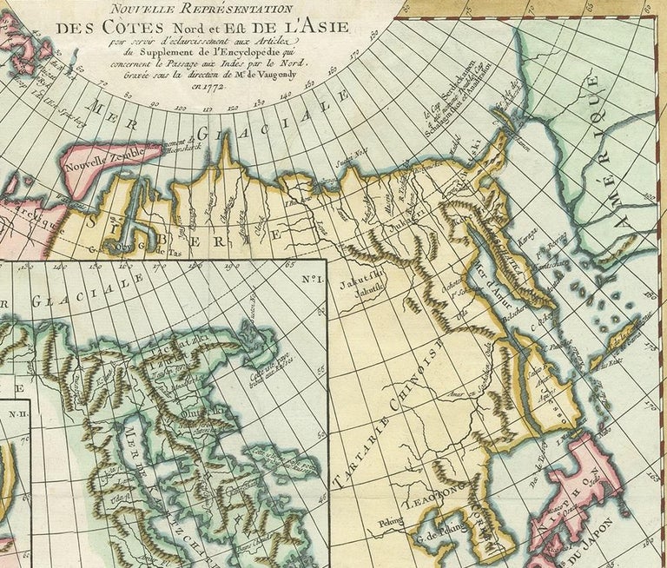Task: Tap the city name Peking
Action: click(392, 524)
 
